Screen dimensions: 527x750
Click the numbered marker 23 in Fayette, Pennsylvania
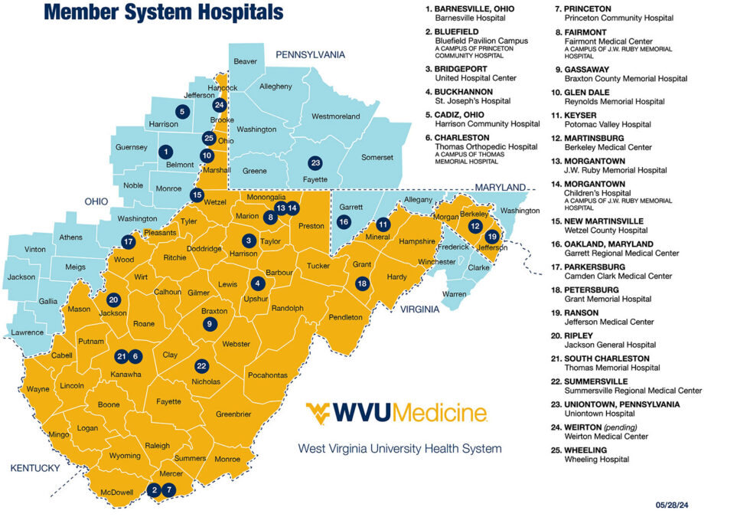(x=315, y=162)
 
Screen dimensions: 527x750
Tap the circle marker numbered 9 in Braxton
(x=210, y=324)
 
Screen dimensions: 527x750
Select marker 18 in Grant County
(x=362, y=283)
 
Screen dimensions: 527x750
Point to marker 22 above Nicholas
(x=201, y=365)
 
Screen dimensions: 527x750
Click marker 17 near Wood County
(x=128, y=241)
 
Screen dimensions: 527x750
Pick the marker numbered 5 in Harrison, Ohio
(x=181, y=111)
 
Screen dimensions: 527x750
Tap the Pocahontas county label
(x=267, y=375)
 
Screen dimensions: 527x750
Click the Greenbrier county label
(x=233, y=414)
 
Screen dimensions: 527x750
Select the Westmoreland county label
(x=335, y=116)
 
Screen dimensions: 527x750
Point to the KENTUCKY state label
(x=34, y=468)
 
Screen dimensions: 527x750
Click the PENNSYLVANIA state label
(x=310, y=54)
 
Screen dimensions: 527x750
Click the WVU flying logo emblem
(x=323, y=414)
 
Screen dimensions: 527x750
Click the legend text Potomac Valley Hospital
(x=619, y=124)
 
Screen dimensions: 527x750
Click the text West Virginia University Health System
(x=400, y=448)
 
